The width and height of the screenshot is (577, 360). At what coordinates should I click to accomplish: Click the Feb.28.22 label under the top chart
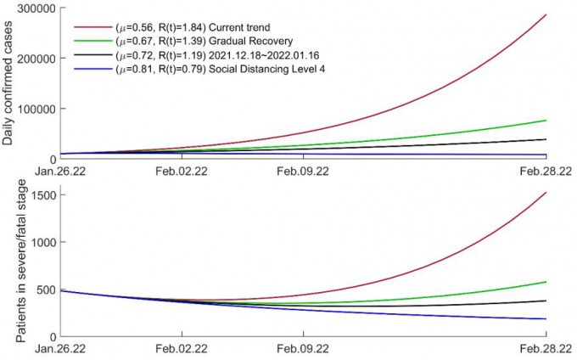coord(546,170)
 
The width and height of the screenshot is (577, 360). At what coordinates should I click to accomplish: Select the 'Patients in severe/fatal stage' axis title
coord(10,261)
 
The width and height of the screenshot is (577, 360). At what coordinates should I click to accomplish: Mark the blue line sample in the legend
coord(92,69)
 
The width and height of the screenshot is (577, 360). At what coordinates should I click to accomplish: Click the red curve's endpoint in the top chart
coord(546,14)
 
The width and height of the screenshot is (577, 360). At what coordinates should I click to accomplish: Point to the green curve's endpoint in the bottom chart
coord(546,282)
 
